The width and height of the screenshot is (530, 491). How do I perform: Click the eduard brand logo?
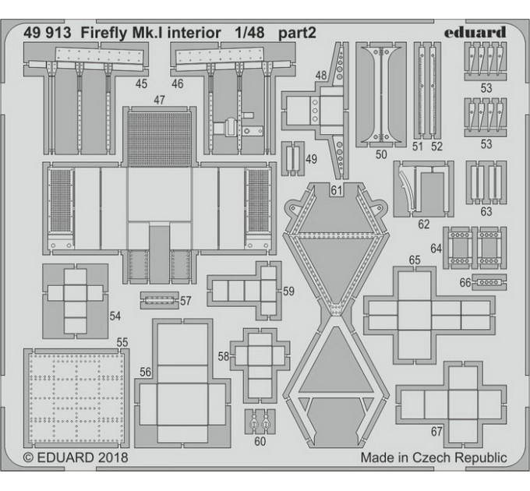click(475, 33)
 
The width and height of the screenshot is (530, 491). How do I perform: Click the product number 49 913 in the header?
click(48, 33)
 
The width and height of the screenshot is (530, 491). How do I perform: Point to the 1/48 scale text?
click(249, 33)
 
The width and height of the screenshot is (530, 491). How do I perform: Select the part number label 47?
click(159, 100)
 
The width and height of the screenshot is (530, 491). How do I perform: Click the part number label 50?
click(381, 154)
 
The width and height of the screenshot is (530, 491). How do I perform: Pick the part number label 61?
click(337, 191)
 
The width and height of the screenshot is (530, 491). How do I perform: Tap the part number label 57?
click(185, 301)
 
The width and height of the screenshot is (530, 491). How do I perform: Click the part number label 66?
click(465, 282)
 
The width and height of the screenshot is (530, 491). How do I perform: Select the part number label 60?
click(260, 441)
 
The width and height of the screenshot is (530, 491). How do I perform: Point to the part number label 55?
click(122, 343)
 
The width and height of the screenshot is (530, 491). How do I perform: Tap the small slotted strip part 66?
click(489, 282)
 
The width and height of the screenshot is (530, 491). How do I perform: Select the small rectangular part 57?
click(160, 300)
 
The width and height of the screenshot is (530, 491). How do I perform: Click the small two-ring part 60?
click(260, 422)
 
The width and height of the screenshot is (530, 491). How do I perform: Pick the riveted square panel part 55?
click(76, 398)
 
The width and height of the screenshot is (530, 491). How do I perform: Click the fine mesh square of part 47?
click(159, 140)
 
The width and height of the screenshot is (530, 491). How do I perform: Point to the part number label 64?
click(436, 249)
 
